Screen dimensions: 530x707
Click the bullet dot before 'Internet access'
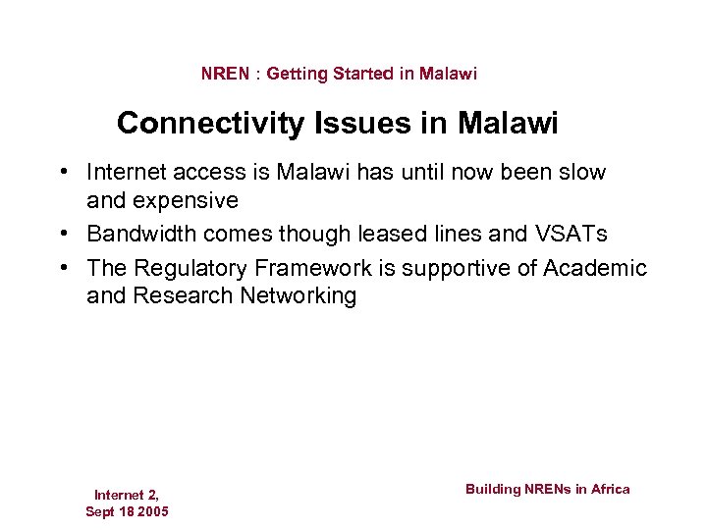tap(62, 173)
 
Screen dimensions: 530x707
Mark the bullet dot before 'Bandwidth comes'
tap(62, 235)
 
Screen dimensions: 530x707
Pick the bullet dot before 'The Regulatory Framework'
tap(62, 268)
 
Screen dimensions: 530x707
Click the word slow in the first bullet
tap(583, 173)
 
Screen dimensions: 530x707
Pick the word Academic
tap(599, 268)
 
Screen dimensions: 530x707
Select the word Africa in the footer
tap(611, 489)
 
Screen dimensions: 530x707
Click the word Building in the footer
tap(492, 489)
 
